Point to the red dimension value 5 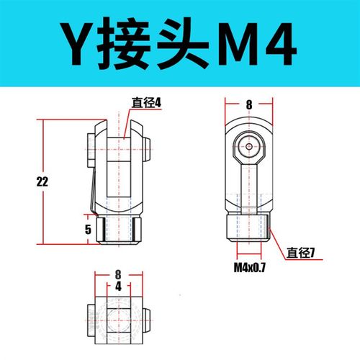pyautogui.click(x=87, y=230)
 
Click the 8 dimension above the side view pyautogui.click(x=248, y=104)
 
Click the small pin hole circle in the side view pyautogui.click(x=248, y=145)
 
